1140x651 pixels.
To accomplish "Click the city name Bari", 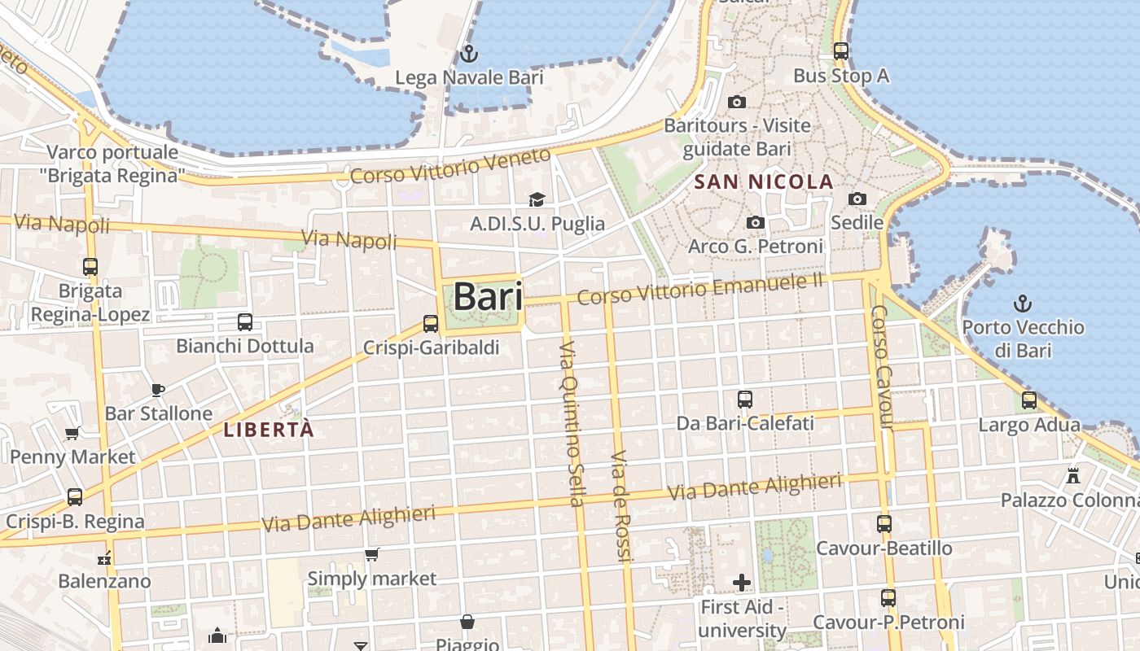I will [x=488, y=296].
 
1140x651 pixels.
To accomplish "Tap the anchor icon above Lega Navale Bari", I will [x=469, y=55].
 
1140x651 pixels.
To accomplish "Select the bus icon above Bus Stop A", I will [x=841, y=51].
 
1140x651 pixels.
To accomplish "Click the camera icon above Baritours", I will [x=737, y=103].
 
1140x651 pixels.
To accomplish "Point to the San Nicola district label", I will [x=764, y=181].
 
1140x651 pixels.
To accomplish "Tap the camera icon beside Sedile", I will [x=857, y=199].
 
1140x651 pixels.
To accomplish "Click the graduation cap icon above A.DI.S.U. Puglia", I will [x=537, y=200].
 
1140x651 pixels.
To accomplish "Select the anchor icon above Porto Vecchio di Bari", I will [x=1022, y=304].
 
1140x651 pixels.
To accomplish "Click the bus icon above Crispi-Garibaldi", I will [x=431, y=324].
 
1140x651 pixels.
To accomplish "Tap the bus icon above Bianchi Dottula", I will [x=244, y=322].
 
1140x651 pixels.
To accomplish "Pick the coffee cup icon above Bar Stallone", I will [x=158, y=390].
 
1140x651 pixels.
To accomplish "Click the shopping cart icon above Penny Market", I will [x=72, y=433].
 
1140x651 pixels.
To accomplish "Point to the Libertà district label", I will [x=269, y=430].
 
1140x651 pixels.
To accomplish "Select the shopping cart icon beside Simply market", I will [x=372, y=555].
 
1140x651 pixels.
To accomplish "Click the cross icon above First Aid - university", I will [x=741, y=583].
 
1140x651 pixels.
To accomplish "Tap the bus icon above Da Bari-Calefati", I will [x=745, y=400].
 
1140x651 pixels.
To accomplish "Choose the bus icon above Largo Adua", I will [x=1029, y=400].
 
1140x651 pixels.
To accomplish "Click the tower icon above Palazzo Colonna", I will [x=1073, y=475].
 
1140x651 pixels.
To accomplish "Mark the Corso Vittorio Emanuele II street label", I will [x=700, y=289].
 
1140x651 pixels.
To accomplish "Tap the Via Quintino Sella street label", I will [x=571, y=423].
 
